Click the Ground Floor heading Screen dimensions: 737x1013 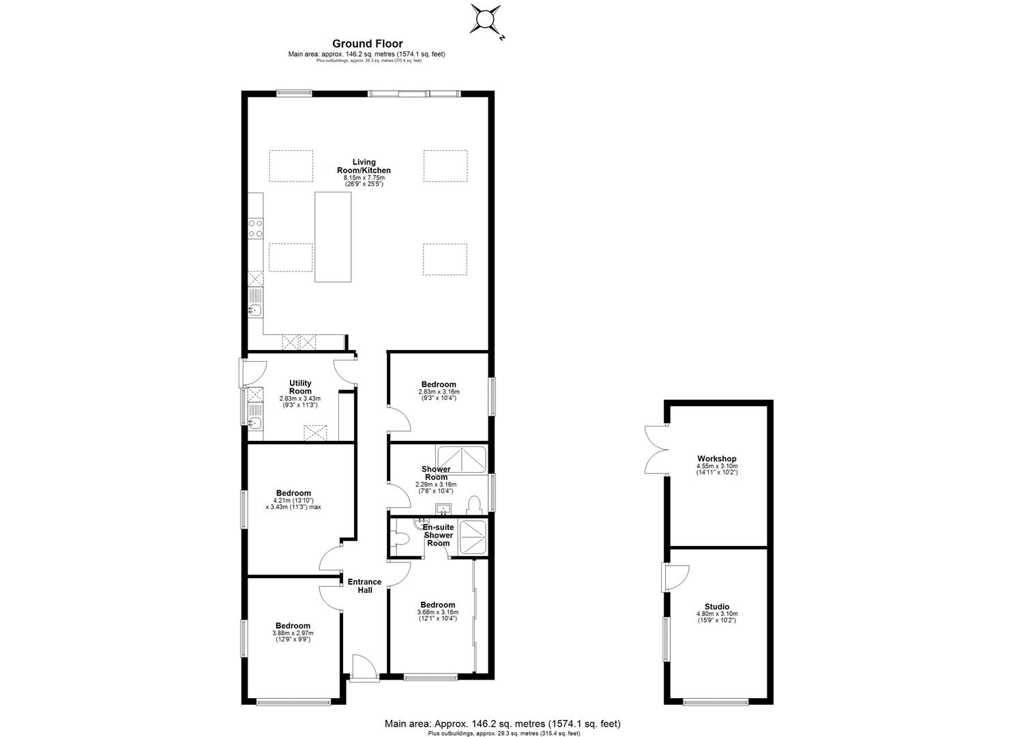(x=367, y=44)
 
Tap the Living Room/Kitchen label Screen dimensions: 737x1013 (x=364, y=166)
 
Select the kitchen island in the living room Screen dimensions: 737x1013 (x=333, y=236)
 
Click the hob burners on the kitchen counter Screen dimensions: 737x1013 (x=255, y=228)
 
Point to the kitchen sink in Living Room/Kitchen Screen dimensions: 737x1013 (x=254, y=310)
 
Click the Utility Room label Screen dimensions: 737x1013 (x=300, y=387)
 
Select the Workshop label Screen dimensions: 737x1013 (x=716, y=459)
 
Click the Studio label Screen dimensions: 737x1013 (x=717, y=607)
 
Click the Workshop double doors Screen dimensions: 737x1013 (x=654, y=449)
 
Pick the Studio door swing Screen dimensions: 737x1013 (x=677, y=577)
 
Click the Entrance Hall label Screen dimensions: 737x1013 (x=365, y=586)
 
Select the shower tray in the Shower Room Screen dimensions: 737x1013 (x=462, y=460)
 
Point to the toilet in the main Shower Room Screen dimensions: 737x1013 (x=475, y=504)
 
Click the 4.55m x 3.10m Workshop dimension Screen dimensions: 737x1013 (x=717, y=467)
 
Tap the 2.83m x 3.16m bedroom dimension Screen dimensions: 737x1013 (x=439, y=392)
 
